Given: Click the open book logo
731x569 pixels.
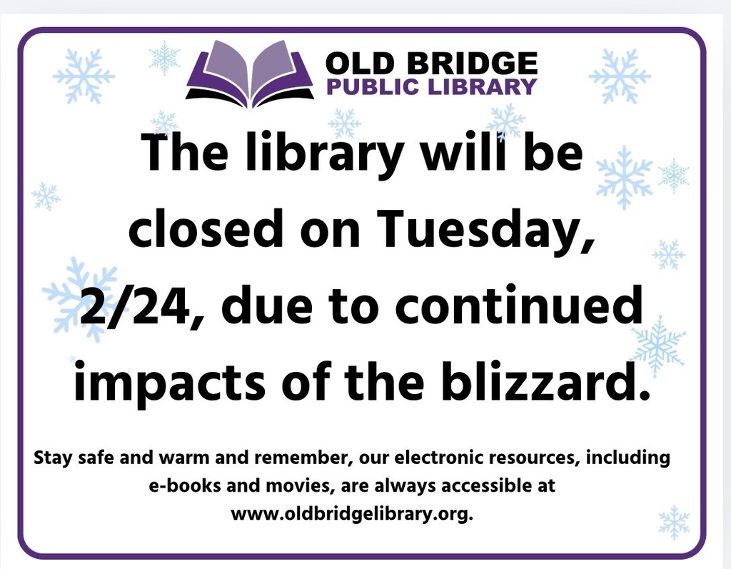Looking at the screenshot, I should (249, 74).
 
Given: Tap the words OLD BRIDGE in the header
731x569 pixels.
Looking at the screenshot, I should (430, 64).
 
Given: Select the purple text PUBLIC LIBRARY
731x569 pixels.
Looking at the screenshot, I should (430, 87).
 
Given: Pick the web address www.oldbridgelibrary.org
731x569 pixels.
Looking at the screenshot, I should (352, 514).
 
